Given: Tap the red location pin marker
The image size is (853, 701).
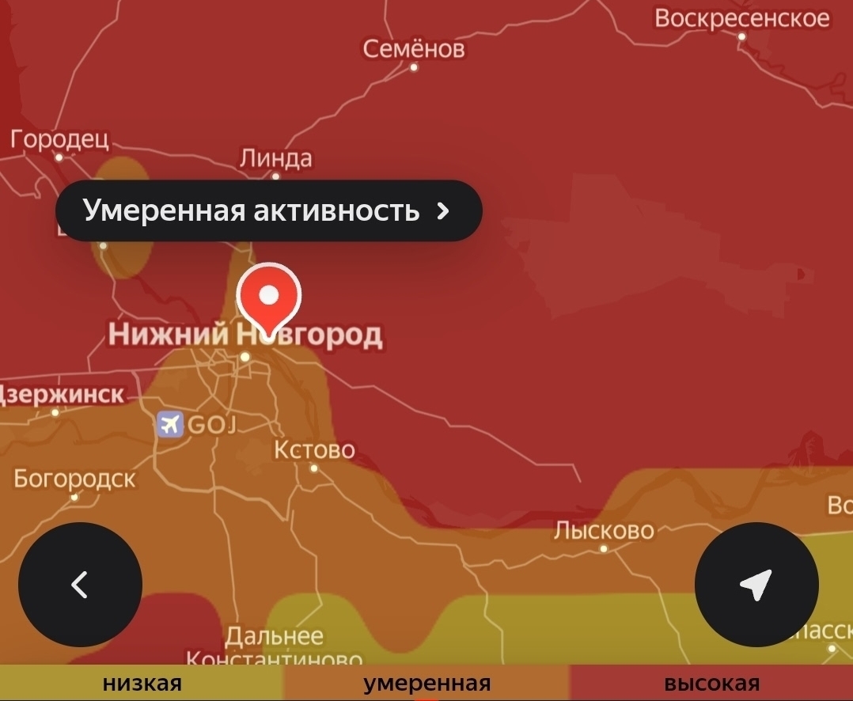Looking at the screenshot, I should pyautogui.click(x=269, y=297).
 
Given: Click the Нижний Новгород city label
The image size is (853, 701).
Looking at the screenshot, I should pyautogui.click(x=245, y=335).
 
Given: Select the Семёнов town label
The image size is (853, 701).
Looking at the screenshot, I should pyautogui.click(x=414, y=49).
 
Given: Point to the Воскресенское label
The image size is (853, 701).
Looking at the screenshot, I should pyautogui.click(x=742, y=17).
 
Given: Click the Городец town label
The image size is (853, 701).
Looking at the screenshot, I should pyautogui.click(x=59, y=139).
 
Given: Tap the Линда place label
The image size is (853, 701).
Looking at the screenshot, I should pyautogui.click(x=275, y=158).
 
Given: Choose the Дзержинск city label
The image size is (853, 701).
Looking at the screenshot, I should pyautogui.click(x=62, y=394).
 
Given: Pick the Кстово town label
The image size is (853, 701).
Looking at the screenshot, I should pyautogui.click(x=314, y=450).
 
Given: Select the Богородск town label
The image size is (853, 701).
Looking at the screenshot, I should pyautogui.click(x=74, y=479).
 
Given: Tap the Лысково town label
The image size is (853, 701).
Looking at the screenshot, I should pyautogui.click(x=604, y=530).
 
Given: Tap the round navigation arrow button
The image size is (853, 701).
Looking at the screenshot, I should pyautogui.click(x=756, y=585).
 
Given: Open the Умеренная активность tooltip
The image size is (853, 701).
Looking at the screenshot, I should pyautogui.click(x=252, y=210).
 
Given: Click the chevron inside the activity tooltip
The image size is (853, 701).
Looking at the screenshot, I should pyautogui.click(x=443, y=210).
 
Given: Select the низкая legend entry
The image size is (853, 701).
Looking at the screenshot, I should pyautogui.click(x=142, y=684).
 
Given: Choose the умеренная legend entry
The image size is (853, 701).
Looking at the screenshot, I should pyautogui.click(x=426, y=684).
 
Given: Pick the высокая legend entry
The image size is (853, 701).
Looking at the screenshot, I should pyautogui.click(x=711, y=684).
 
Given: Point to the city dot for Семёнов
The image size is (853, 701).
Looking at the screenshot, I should pyautogui.click(x=414, y=67).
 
